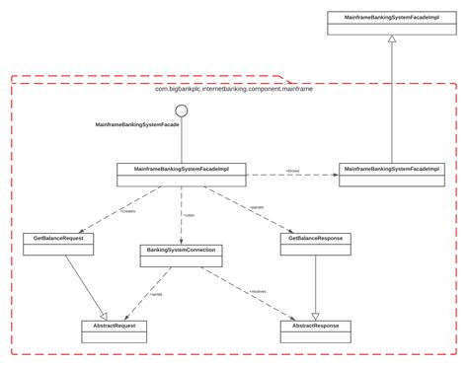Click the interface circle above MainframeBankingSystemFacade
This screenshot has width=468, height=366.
point(182,110)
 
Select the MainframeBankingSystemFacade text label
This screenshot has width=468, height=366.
point(137,126)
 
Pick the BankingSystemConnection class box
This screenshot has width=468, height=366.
point(182,255)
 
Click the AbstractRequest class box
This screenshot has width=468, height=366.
point(115,329)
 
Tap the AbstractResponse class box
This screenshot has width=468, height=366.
point(315,329)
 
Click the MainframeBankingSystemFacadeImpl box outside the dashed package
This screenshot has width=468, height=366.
point(392,23)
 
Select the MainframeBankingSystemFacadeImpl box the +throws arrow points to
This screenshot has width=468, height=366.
point(392,173)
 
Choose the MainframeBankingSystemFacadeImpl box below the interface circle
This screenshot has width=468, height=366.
point(182,173)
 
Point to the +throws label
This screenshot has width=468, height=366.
point(292,170)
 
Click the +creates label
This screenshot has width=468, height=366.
point(127,209)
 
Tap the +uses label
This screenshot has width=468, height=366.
point(188,214)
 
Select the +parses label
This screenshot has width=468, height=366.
point(256,206)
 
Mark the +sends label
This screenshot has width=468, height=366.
point(156,294)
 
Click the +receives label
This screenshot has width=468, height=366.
point(258,291)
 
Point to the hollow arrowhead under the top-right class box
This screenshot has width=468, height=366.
point(392,39)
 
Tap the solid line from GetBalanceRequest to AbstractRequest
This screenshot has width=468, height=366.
point(83,281)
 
